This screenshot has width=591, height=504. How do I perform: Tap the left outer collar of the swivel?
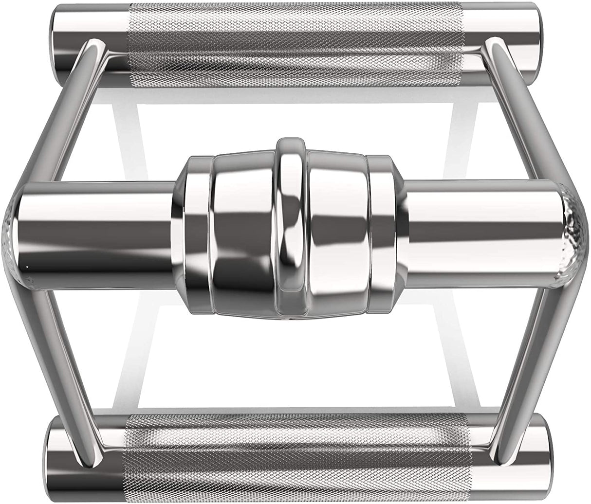pyautogui.click(x=195, y=229)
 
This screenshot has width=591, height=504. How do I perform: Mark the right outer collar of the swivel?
pyautogui.click(x=385, y=229)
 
